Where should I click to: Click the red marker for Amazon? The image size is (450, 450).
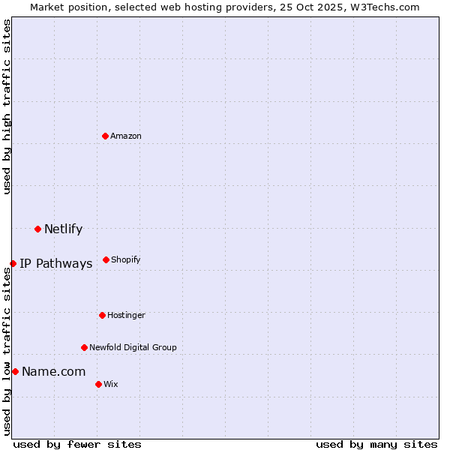coord(105,136)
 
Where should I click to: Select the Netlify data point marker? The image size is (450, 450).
coord(37,229)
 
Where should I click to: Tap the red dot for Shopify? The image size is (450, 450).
coord(106,259)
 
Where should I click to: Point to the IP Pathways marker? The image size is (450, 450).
coord(13,263)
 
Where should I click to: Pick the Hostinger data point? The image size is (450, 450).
coord(102,315)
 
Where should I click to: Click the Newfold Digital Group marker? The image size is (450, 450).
coord(84,347)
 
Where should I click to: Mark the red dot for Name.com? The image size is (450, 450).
coord(15,371)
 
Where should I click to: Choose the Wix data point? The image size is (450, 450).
coord(98,384)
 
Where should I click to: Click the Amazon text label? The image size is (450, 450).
coord(126,136)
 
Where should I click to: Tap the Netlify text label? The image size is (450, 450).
coord(63,229)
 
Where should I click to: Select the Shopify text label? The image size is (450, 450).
coord(126,259)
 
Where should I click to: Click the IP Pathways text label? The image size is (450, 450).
coord(55,264)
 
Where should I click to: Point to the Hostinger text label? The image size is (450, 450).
coord(126,315)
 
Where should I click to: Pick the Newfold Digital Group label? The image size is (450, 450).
coord(133,347)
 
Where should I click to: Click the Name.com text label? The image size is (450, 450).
coord(53,372)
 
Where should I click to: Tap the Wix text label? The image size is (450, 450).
coord(111,384)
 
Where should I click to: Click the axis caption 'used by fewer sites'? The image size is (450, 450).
coord(77,444)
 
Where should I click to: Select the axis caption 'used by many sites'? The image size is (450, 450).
coord(376,444)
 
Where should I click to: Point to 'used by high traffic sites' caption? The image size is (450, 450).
coord(7,106)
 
